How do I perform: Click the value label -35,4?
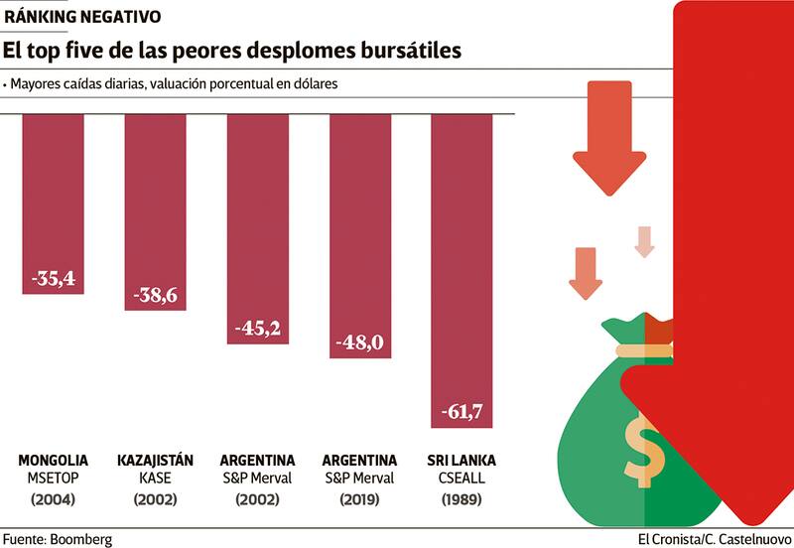54,279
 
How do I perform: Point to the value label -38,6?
156,296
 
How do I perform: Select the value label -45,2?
258,329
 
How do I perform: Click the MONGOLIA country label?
54,461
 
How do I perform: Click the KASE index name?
156,479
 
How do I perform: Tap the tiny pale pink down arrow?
645,241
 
